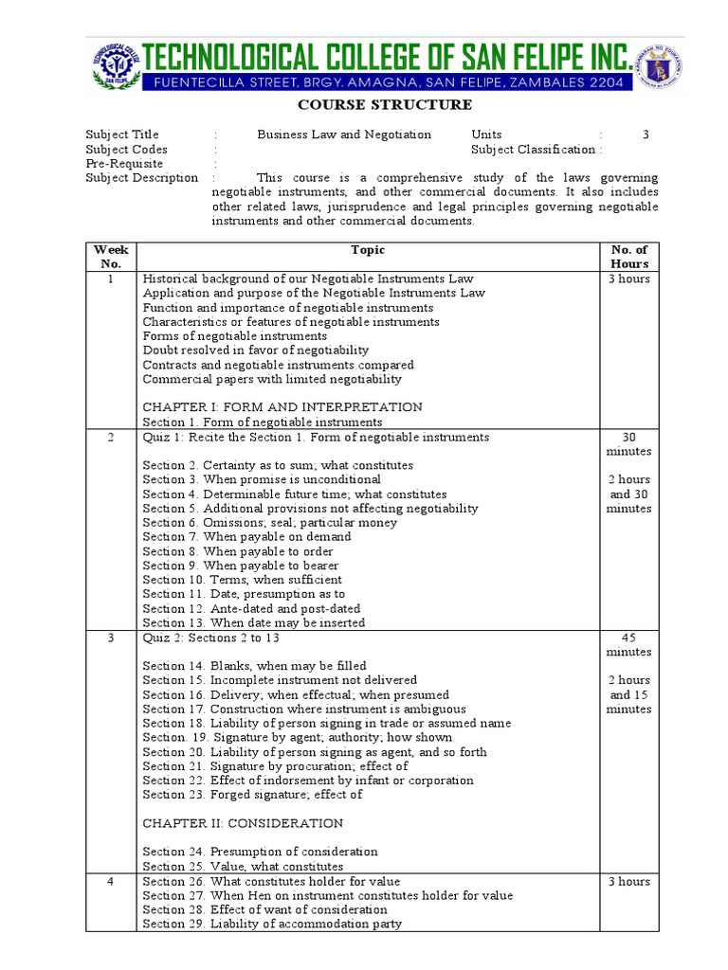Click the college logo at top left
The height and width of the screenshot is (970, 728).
pyautogui.click(x=115, y=68)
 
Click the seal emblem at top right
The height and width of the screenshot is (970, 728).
pyautogui.click(x=664, y=68)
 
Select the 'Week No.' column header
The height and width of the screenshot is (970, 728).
pyautogui.click(x=111, y=257)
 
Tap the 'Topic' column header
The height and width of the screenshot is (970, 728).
pyautogui.click(x=368, y=250)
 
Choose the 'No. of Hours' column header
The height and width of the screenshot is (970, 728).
pyautogui.click(x=629, y=257)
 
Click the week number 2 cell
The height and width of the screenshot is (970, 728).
pyautogui.click(x=111, y=438)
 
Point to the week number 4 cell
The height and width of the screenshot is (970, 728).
pyautogui.click(x=111, y=882)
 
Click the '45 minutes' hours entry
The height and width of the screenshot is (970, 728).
pyautogui.click(x=629, y=645)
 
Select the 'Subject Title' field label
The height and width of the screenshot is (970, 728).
pyautogui.click(x=122, y=135)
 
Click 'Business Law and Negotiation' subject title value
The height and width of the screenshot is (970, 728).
pyautogui.click(x=344, y=135)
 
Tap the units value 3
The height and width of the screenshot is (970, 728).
pyautogui.click(x=646, y=135)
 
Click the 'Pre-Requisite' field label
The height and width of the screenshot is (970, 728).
pyautogui.click(x=124, y=163)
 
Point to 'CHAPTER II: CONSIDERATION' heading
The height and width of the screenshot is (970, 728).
pyautogui.click(x=243, y=823)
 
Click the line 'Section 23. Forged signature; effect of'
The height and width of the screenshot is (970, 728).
pyautogui.click(x=252, y=795)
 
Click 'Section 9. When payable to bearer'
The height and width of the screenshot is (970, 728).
pyautogui.click(x=241, y=566)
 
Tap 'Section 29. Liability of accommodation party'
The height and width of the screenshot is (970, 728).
pyautogui.click(x=272, y=924)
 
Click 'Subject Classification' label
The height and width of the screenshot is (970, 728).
pyautogui.click(x=533, y=149)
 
